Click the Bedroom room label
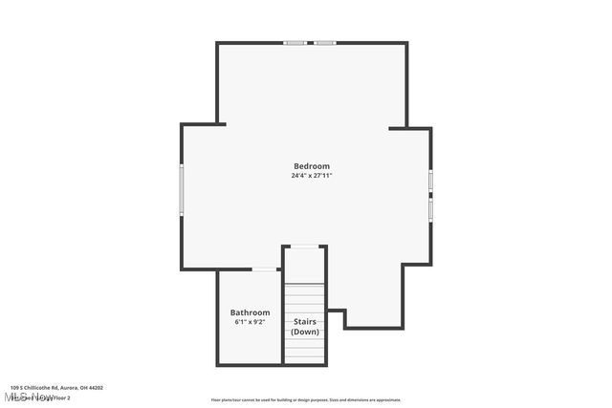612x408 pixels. pos(311,166)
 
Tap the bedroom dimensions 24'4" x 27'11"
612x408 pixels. pos(311,176)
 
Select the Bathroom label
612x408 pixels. pos(250,312)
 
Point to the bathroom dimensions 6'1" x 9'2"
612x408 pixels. pos(250,322)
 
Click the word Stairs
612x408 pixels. pos(305,322)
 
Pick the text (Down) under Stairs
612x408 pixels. pos(305,332)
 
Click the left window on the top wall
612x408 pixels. pos(295,42)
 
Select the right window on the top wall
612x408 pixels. pos(326,42)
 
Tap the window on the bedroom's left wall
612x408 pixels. pos(182,187)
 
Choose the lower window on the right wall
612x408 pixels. pos(430,208)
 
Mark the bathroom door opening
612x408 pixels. pos(265,270)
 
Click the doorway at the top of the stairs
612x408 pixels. pos(305,247)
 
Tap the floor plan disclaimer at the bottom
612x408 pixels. pos(305,399)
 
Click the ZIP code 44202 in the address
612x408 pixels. pos(94,388)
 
